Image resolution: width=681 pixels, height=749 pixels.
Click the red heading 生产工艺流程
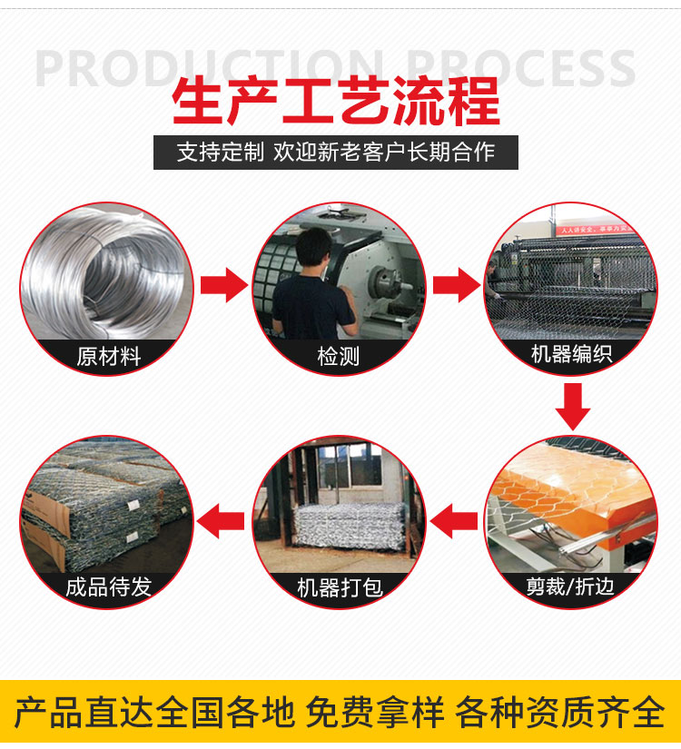(335, 102)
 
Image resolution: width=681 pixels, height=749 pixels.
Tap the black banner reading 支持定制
(335, 153)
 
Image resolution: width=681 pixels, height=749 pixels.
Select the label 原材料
(108, 357)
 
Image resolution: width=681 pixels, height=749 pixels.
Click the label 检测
(339, 357)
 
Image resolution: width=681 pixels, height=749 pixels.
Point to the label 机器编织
(571, 354)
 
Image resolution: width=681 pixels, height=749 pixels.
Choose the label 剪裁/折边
(570, 586)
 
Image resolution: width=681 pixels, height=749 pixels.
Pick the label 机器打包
(340, 587)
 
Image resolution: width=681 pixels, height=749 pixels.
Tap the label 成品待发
(108, 586)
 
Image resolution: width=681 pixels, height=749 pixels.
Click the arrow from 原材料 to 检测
(224, 285)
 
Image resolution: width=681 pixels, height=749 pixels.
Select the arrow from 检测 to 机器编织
(457, 285)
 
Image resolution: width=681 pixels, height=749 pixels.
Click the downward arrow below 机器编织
(573, 407)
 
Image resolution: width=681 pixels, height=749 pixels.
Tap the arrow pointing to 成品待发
(221, 521)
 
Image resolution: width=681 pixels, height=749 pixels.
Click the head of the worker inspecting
(313, 246)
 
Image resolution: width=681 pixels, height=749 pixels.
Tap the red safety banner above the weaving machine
(596, 230)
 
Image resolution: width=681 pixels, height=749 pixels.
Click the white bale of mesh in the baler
(349, 525)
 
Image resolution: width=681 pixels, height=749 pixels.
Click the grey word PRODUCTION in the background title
(210, 68)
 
